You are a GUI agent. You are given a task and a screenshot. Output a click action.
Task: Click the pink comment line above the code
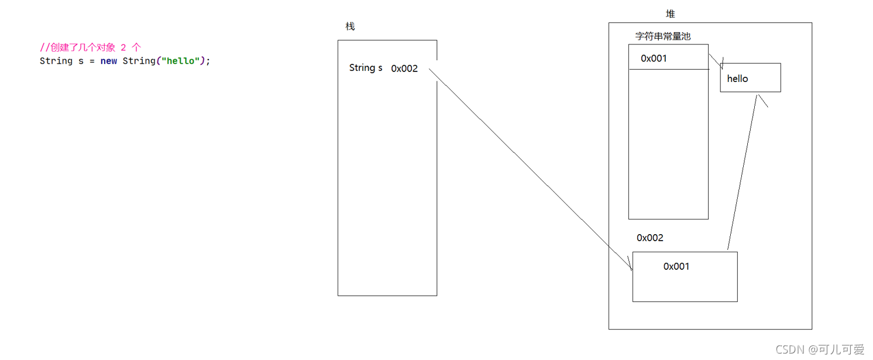90,48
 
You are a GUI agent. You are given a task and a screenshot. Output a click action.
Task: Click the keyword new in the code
109,61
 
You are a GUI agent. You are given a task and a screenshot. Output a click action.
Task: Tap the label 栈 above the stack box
350,27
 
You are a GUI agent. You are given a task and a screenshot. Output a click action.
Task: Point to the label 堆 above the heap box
671,14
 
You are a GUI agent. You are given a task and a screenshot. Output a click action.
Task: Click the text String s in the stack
366,68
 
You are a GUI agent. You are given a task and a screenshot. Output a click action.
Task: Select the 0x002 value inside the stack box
404,68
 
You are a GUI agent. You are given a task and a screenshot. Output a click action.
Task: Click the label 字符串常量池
663,36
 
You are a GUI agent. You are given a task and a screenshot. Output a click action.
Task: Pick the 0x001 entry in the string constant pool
654,59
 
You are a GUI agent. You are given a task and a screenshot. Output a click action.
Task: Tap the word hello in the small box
737,78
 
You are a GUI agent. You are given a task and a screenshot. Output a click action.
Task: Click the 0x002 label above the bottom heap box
650,238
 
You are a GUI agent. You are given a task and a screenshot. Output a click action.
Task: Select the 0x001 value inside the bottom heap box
676,266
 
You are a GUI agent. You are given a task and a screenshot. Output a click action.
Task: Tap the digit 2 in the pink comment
123,48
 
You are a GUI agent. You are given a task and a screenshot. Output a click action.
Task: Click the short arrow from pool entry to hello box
716,61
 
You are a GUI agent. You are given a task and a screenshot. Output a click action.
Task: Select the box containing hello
761,85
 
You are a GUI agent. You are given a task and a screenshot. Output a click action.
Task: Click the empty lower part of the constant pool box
668,146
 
